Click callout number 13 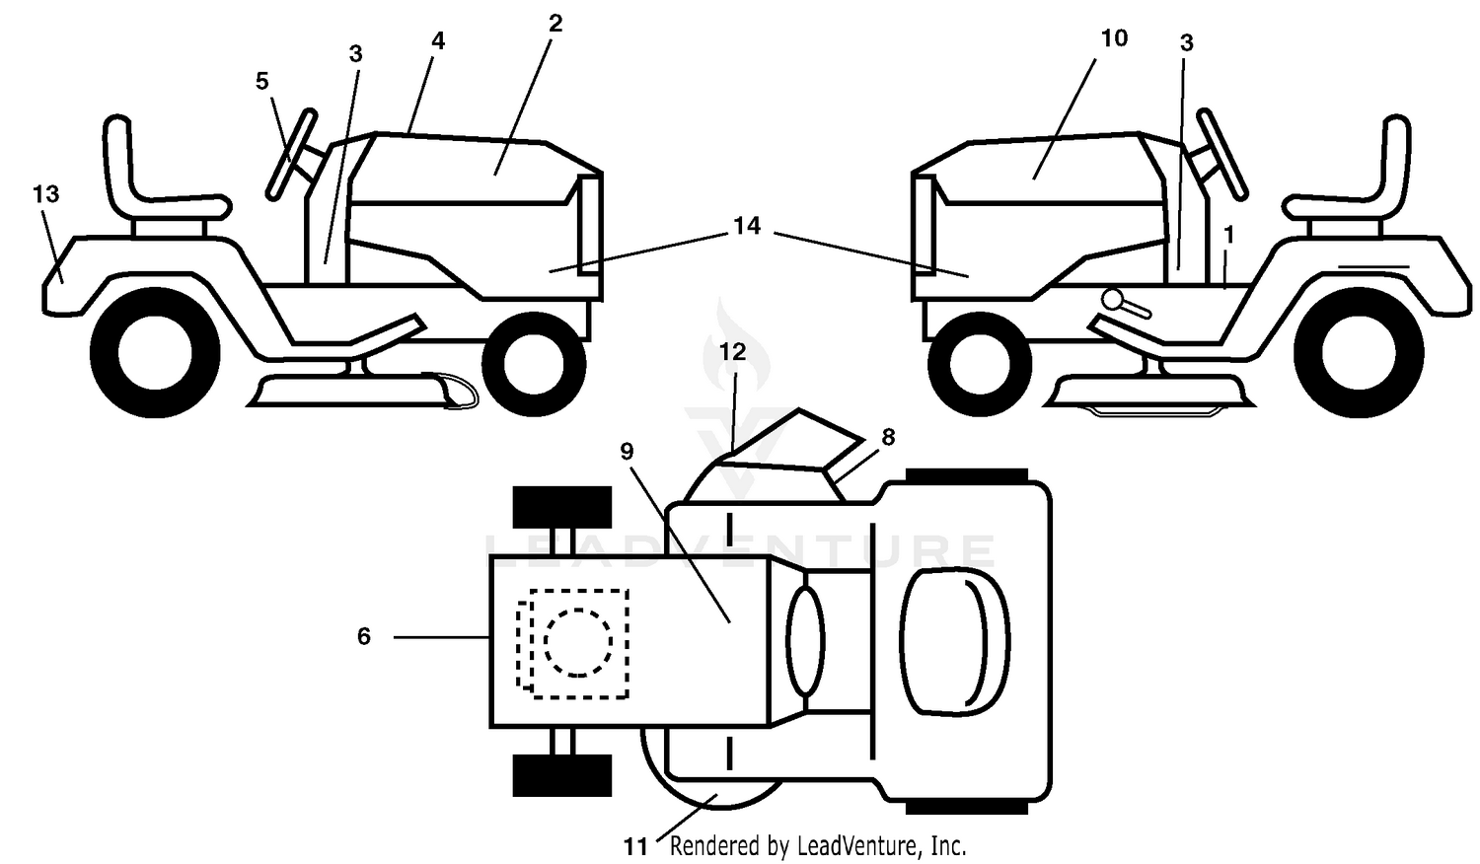46,194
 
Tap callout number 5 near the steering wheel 262,81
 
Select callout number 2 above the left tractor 555,23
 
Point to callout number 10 1114,38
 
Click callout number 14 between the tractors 747,226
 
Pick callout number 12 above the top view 733,352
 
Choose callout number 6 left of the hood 364,636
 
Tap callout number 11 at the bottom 635,847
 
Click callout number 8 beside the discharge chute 888,437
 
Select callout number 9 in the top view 627,451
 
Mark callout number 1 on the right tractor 1229,235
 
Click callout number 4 437,41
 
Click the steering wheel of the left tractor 291,155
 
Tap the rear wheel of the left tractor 155,353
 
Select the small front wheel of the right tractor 979,365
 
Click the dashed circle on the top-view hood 578,642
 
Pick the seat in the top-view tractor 954,642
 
